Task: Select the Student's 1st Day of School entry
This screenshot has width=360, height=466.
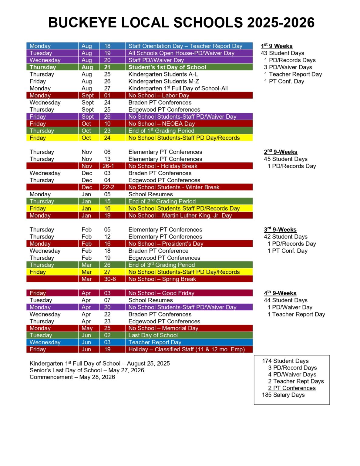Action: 167,67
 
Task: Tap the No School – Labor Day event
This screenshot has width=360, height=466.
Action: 159,96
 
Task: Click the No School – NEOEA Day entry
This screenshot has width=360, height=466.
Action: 161,124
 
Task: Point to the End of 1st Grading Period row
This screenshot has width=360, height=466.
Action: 161,131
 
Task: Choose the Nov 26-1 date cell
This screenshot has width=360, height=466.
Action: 108,166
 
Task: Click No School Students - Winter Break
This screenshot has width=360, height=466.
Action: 173,187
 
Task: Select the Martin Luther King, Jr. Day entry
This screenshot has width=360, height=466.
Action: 180,216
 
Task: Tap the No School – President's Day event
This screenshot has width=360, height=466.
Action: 166,244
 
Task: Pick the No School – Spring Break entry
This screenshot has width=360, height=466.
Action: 162,279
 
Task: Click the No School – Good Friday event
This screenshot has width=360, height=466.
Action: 161,293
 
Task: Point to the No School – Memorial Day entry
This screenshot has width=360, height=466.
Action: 163,328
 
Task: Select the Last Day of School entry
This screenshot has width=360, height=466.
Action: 153,335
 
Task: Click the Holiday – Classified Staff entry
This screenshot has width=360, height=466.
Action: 186,349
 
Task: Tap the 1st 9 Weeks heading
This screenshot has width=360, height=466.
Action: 277,46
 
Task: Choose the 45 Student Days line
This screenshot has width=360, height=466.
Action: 285,159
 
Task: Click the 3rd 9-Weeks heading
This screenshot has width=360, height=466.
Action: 280,230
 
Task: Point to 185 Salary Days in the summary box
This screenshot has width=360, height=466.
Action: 283,395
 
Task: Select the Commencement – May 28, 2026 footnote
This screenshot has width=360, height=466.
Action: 72,377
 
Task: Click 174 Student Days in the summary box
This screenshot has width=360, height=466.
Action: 285,361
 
